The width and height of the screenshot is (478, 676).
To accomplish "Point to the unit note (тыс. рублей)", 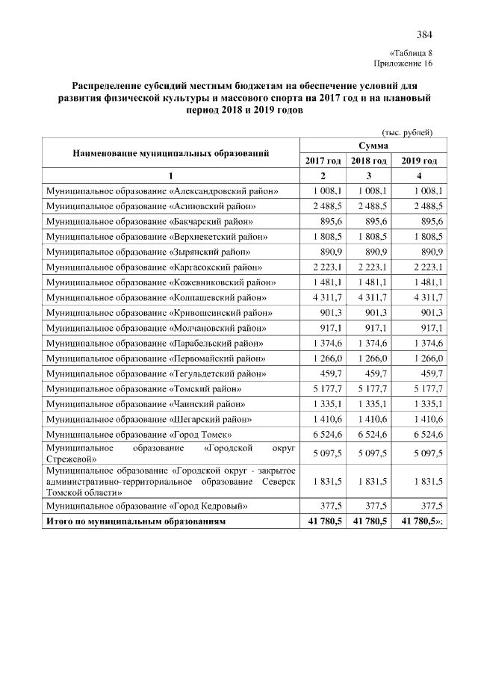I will (407, 132).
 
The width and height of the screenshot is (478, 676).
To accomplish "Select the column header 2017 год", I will (323, 161).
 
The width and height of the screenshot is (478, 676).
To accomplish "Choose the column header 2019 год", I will (419, 161).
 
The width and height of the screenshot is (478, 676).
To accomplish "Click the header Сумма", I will (371, 145).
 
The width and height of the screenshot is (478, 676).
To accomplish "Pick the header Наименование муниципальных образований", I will (170, 152).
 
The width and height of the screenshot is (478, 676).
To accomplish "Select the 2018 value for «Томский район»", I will (371, 389).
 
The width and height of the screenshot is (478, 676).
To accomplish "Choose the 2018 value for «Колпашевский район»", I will (371, 297).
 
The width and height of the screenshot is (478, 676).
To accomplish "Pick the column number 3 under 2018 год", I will (370, 176).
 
